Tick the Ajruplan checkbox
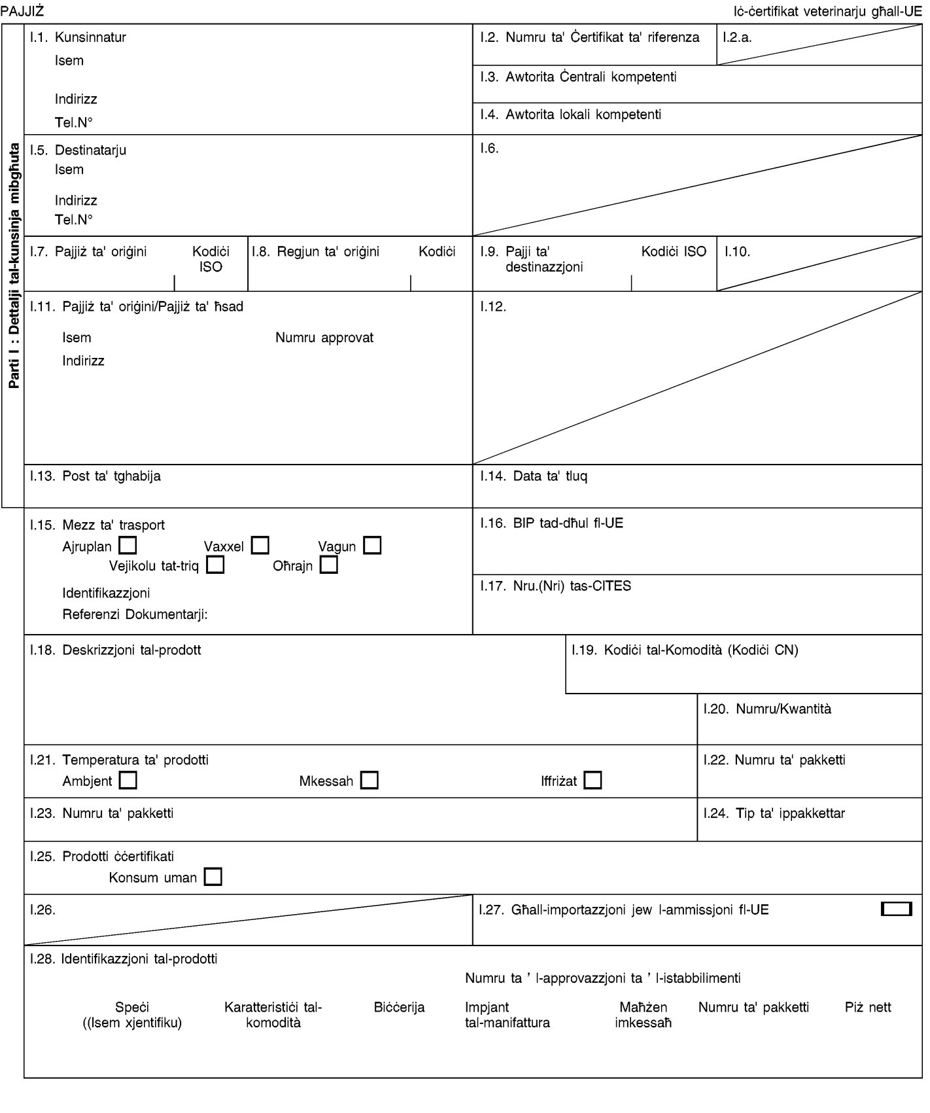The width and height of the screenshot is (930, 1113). (x=129, y=545)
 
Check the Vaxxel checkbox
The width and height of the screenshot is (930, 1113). (x=260, y=545)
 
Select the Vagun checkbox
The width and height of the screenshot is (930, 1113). (x=372, y=545)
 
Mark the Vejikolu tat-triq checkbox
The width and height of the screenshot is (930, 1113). (x=215, y=565)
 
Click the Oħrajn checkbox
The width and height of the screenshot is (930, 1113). (x=329, y=565)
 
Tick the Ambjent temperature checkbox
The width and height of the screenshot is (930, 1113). (x=129, y=781)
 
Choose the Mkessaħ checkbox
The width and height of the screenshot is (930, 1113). (x=370, y=781)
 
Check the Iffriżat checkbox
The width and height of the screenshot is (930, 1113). (x=593, y=781)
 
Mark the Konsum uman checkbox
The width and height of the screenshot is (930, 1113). (x=213, y=877)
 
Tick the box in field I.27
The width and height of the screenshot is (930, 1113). (x=896, y=909)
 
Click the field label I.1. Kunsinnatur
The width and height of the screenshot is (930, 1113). (x=78, y=38)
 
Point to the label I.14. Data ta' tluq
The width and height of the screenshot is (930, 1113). (x=533, y=476)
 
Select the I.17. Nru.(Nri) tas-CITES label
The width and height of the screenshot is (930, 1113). (x=555, y=586)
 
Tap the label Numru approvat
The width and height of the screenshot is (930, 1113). (x=324, y=338)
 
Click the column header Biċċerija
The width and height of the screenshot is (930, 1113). (x=399, y=1007)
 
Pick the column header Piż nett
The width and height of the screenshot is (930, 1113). (x=868, y=1007)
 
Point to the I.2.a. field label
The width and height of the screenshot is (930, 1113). (x=737, y=38)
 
